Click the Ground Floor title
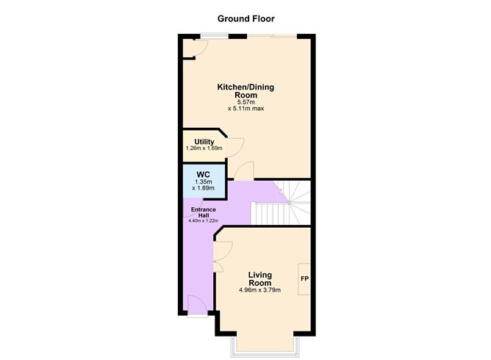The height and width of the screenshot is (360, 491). click(246, 18)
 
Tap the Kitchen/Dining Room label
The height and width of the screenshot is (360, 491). click(246, 90)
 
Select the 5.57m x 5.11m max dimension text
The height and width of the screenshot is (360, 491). click(246, 104)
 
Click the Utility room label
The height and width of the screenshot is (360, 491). click(204, 142)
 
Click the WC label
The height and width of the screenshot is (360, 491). click(204, 174)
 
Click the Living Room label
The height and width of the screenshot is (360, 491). click(260, 278)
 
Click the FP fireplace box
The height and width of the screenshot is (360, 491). click(304, 279)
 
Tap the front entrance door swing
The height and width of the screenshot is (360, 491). click(196, 304)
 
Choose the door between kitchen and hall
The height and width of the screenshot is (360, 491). click(243, 170)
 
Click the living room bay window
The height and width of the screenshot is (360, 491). click(264, 344)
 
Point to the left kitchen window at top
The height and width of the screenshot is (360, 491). click(214, 35)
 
